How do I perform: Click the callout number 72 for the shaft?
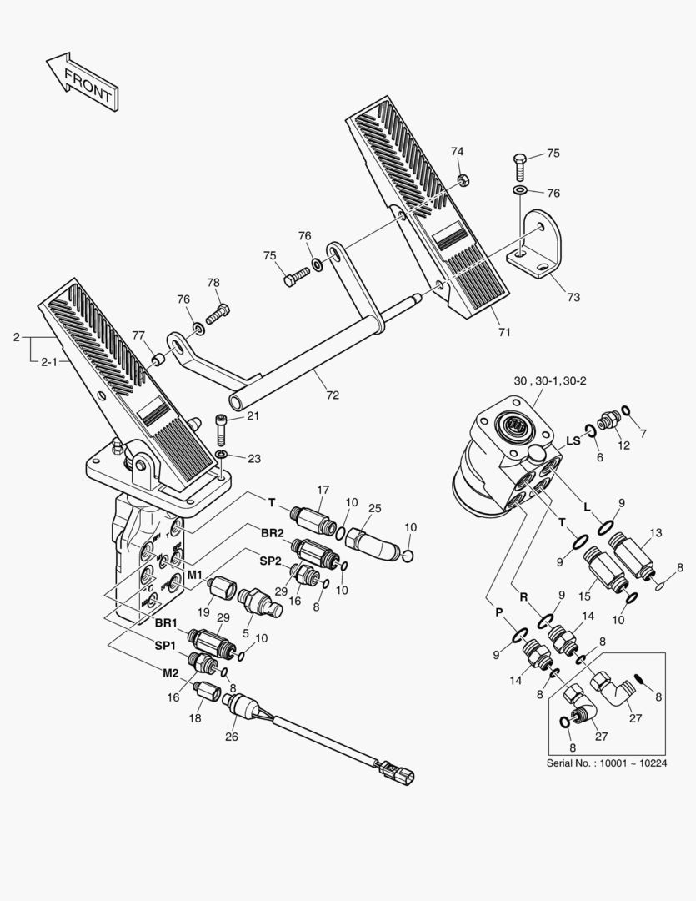(x=333, y=395)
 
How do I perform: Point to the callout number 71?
(x=503, y=333)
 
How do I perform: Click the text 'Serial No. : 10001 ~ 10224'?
(x=607, y=763)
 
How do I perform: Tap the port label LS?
(x=573, y=440)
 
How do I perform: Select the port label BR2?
(x=272, y=532)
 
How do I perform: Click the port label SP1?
(x=163, y=646)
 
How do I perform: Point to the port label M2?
(x=171, y=672)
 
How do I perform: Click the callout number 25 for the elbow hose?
(x=374, y=507)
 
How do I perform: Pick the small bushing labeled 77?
(x=156, y=360)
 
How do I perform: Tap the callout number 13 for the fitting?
(x=656, y=532)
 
